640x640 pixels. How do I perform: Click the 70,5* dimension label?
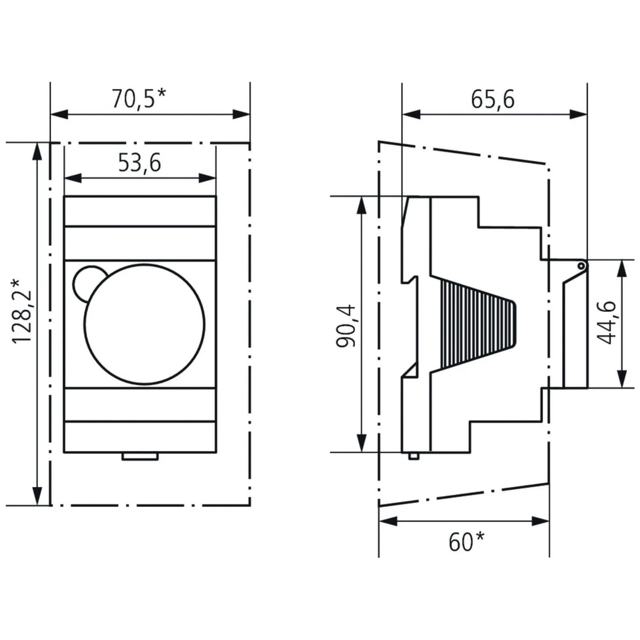click(x=138, y=99)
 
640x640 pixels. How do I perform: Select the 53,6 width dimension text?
click(x=140, y=163)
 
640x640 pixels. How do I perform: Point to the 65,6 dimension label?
click(x=492, y=99)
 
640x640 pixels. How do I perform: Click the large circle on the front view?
click(x=144, y=324)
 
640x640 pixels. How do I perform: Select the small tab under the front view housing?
click(x=140, y=456)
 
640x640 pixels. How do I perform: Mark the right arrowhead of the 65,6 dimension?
click(x=579, y=114)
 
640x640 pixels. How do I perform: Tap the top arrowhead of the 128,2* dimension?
click(x=37, y=151)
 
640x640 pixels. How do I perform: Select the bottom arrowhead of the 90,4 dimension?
click(x=362, y=444)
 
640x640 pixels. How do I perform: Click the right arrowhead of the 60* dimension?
click(x=541, y=521)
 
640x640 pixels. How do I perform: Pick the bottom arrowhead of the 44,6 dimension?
click(x=621, y=379)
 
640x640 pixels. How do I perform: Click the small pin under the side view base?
click(x=414, y=456)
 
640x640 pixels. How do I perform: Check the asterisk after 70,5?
click(x=161, y=94)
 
